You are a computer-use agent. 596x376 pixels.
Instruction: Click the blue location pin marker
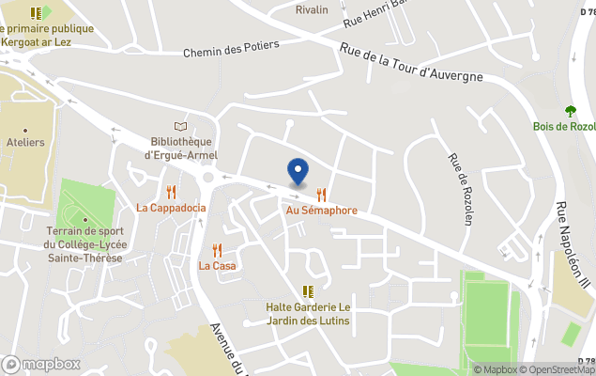tap(298, 172)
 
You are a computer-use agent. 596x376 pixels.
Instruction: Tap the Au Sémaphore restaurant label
tap(322, 211)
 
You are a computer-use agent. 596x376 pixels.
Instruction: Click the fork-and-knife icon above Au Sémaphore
tap(322, 195)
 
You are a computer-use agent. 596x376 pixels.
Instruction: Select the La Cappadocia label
tap(171, 208)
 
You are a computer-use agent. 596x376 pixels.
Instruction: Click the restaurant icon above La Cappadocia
tap(171, 192)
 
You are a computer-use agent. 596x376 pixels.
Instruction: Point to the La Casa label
tap(217, 266)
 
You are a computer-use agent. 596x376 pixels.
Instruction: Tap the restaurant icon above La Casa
tap(217, 250)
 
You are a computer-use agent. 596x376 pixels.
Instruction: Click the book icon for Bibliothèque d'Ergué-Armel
tap(181, 127)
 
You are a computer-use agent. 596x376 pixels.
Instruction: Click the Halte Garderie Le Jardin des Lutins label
tap(308, 314)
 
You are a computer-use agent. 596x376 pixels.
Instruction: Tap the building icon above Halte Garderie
tap(308, 291)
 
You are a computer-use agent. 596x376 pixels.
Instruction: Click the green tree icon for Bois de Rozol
tap(569, 111)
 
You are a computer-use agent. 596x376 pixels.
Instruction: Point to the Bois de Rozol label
tap(564, 127)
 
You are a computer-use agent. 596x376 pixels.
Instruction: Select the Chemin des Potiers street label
tap(231, 53)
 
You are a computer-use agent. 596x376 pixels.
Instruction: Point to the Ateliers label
tap(25, 142)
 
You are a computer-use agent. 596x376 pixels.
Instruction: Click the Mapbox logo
tap(40, 364)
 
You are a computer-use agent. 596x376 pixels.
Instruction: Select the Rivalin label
tap(312, 9)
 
